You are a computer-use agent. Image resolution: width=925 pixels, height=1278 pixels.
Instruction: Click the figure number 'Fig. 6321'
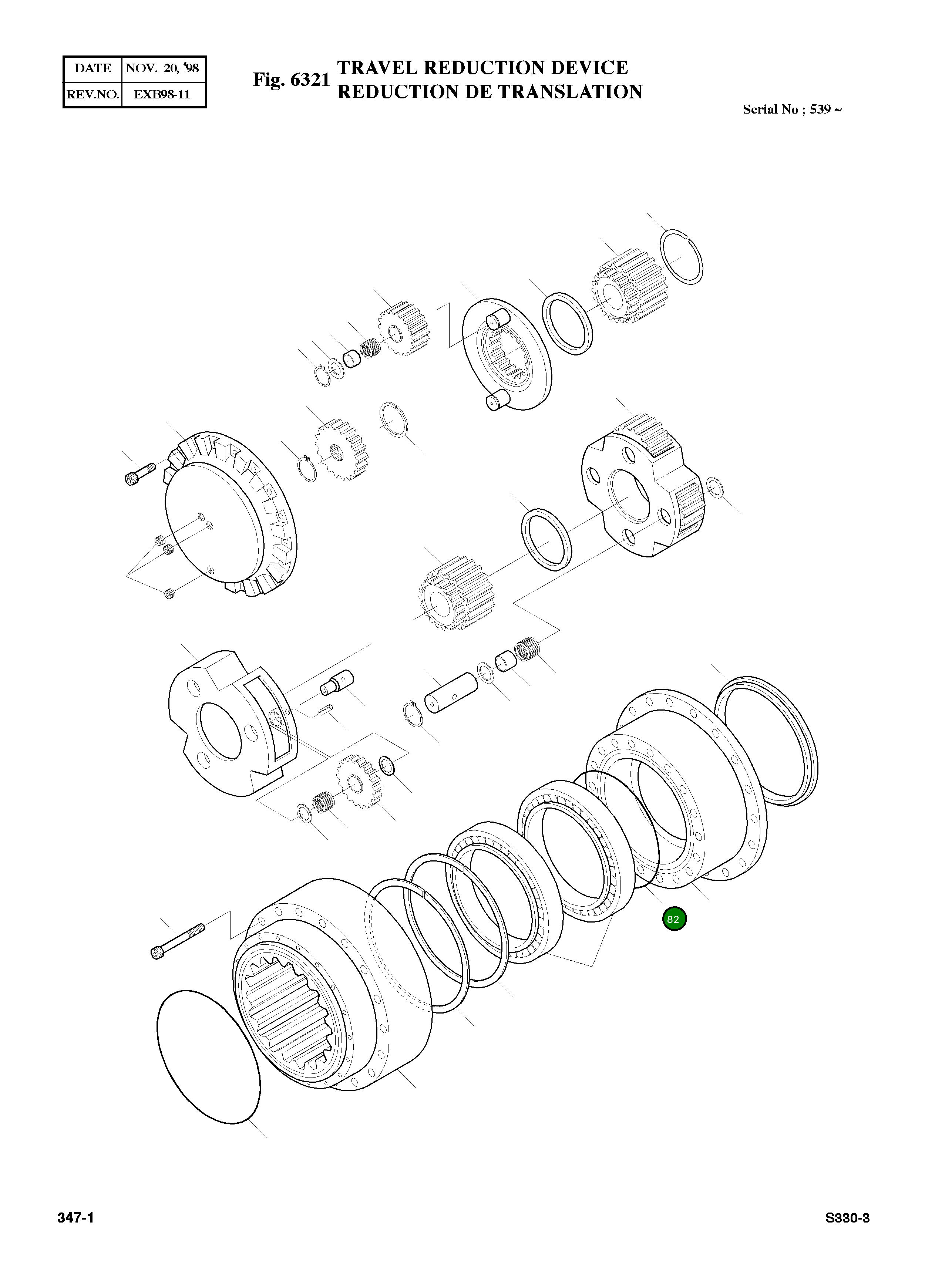point(291,80)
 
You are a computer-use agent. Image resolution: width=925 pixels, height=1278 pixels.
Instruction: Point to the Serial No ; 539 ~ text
point(791,109)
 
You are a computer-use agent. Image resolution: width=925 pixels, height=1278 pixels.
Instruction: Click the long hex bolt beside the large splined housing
point(177,940)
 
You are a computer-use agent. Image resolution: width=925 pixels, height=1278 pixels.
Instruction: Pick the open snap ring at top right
point(682,257)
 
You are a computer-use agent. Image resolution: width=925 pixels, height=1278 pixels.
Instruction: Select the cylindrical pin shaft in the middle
point(451,694)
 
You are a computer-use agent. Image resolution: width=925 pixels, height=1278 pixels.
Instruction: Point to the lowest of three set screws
point(169,593)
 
